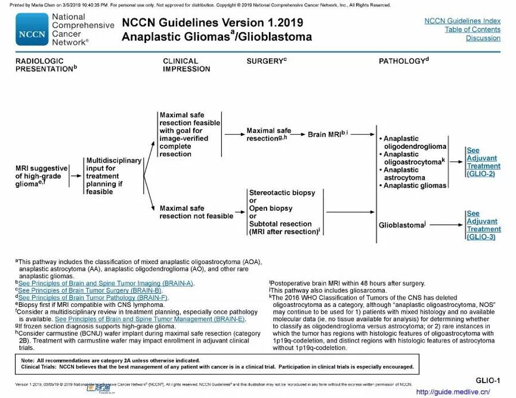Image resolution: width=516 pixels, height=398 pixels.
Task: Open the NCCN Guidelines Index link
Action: pyautogui.click(x=462, y=21)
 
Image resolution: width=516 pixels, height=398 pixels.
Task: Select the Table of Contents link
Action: pyautogui.click(x=472, y=30)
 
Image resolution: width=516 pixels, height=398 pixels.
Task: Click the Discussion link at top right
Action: pyautogui.click(x=483, y=38)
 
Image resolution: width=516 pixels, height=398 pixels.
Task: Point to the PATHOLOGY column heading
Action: pyautogui.click(x=404, y=61)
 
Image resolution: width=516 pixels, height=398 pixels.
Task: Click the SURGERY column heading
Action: pyautogui.click(x=267, y=61)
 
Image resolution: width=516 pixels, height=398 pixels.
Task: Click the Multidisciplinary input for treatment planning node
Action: pyautogui.click(x=113, y=176)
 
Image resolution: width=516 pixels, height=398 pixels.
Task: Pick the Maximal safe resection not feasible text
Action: pyautogui.click(x=196, y=213)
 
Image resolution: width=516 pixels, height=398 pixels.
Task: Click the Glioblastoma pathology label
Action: pyautogui.click(x=402, y=225)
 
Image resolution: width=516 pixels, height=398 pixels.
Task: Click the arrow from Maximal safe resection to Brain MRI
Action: pyautogui.click(x=299, y=135)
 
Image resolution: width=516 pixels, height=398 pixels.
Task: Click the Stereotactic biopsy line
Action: pyautogui.click(x=282, y=194)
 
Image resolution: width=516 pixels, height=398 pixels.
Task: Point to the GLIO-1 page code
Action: pyautogui.click(x=488, y=380)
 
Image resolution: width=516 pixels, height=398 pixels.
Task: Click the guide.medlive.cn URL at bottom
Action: pyautogui.click(x=452, y=392)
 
